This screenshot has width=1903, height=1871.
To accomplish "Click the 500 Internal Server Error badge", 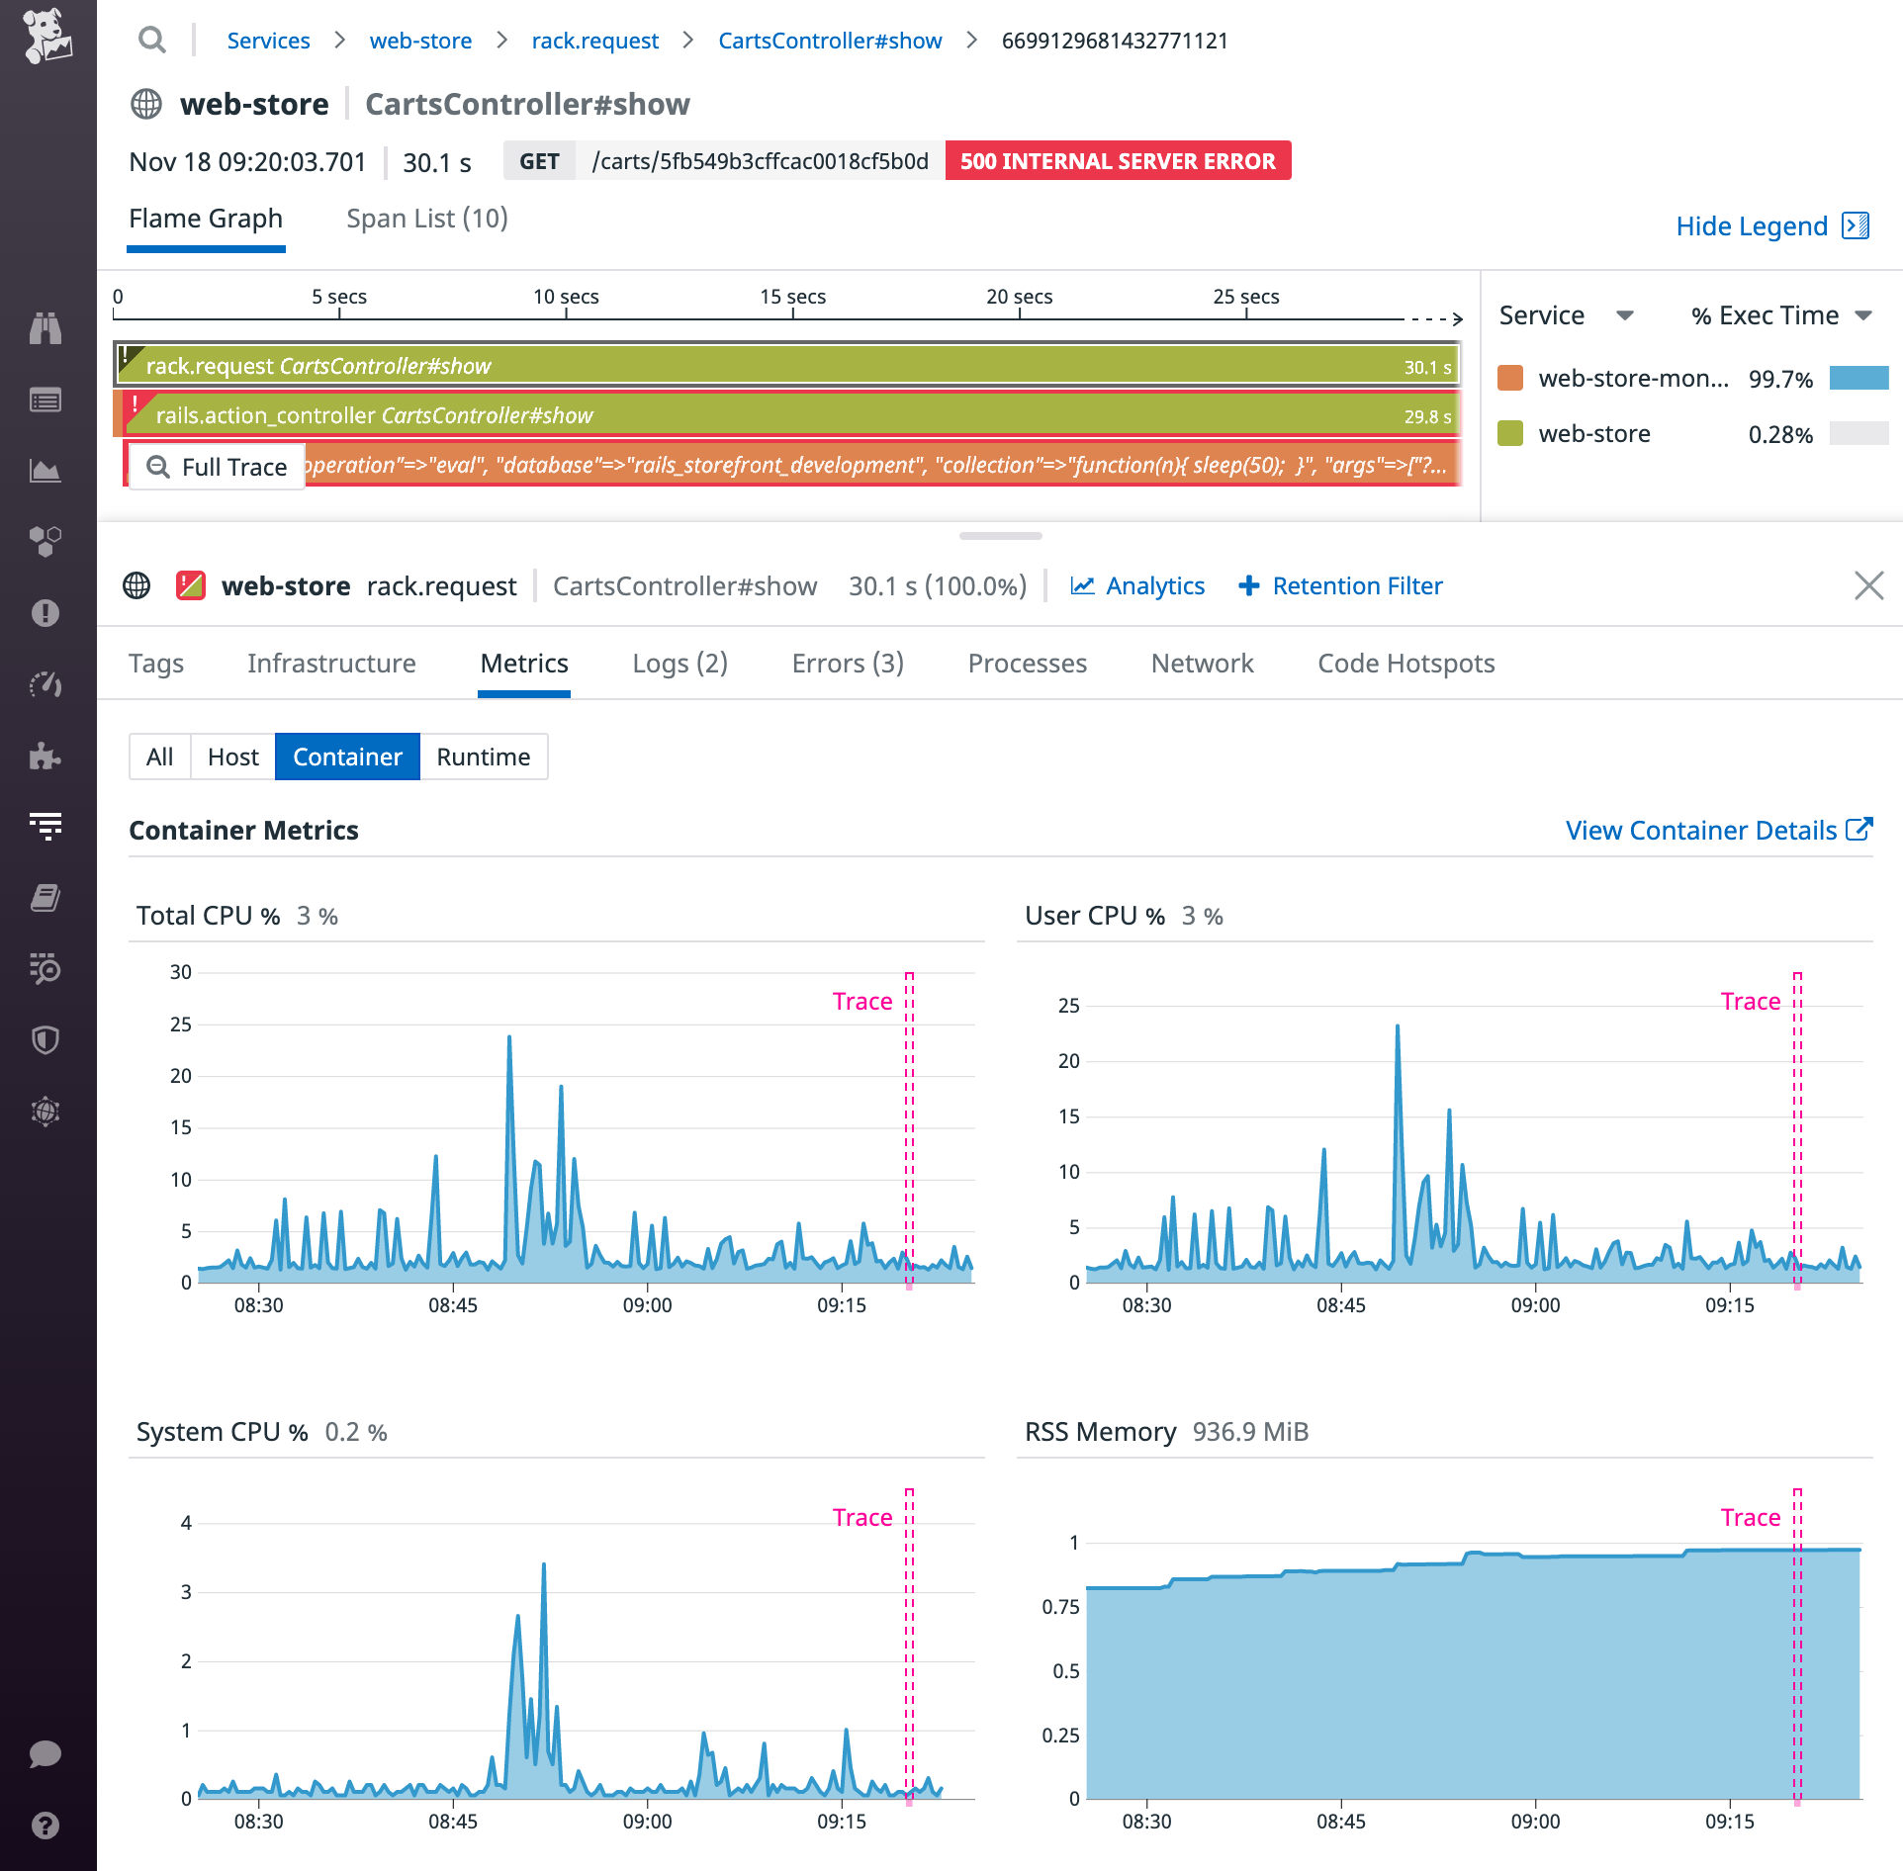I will (x=1118, y=161).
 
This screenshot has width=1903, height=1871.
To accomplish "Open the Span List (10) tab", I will (x=426, y=219).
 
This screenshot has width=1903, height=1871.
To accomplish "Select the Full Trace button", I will (x=218, y=467).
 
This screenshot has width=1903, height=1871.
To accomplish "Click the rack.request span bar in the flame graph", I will (x=787, y=366).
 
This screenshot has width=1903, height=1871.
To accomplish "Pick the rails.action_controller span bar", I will (x=787, y=415).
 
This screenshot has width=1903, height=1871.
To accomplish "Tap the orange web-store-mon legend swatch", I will (x=1510, y=379).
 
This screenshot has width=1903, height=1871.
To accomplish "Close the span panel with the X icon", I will (x=1868, y=585).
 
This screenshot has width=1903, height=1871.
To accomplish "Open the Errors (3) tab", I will (x=848, y=664).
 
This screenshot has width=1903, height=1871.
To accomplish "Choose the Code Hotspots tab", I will (x=1405, y=664).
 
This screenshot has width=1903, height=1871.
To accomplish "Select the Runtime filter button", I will (x=484, y=757).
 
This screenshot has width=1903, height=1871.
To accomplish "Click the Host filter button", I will (x=232, y=757).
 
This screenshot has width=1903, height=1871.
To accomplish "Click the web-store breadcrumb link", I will (x=420, y=41).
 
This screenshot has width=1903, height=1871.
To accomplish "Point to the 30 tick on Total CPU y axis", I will (x=181, y=972).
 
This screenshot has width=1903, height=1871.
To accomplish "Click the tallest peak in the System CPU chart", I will (x=544, y=1566).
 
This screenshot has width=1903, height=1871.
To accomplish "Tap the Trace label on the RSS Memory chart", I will (x=1750, y=1518).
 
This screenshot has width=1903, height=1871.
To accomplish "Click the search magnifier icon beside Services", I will (x=151, y=41).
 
